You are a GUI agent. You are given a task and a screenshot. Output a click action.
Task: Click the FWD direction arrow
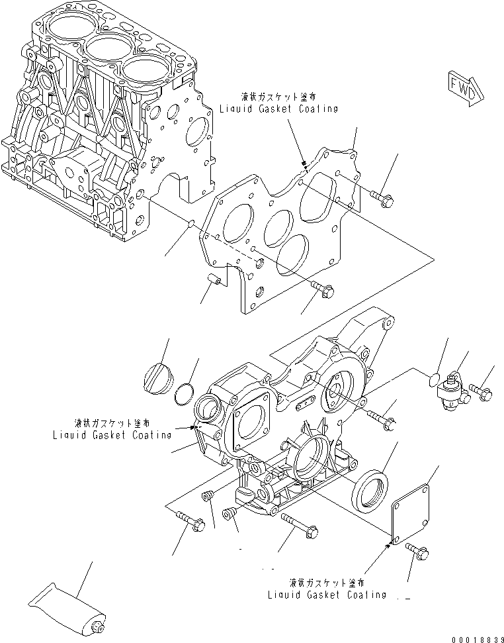tap(464, 89)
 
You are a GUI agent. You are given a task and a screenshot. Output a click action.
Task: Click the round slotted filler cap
tap(157, 379)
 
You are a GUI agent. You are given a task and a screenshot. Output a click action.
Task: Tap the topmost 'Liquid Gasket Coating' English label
tap(279, 109)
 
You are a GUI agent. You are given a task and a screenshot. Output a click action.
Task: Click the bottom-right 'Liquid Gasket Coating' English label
tap(327, 595)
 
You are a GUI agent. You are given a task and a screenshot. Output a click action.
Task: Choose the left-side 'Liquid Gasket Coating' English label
tap(112, 435)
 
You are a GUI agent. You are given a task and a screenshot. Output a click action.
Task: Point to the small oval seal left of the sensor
tap(433, 379)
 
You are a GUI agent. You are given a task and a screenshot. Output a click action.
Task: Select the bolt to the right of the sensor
tap(482, 393)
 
